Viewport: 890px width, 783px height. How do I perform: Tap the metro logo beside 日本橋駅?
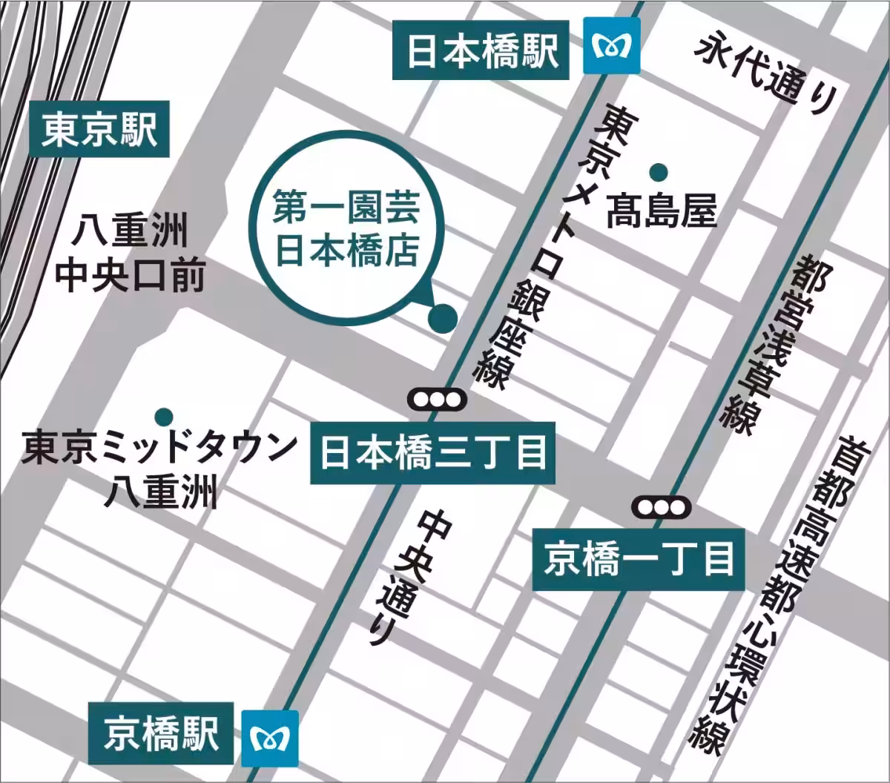coord(611,49)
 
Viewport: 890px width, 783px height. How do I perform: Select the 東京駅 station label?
coord(99,130)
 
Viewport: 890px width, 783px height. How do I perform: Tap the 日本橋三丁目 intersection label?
coord(432,452)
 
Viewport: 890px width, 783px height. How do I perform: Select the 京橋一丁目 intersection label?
coord(639,559)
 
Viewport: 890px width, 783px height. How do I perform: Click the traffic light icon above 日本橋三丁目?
coord(438,400)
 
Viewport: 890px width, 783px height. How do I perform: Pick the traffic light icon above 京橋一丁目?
coord(662,507)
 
